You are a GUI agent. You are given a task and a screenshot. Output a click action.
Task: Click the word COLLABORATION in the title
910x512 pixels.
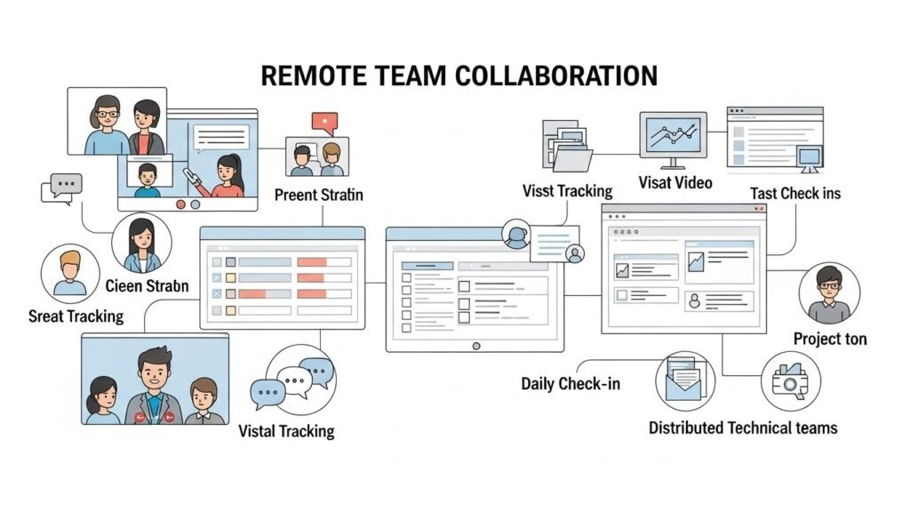tap(556, 76)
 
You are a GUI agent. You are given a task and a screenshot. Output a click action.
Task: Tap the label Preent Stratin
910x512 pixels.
tap(318, 195)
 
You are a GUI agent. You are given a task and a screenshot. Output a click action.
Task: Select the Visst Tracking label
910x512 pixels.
tap(567, 190)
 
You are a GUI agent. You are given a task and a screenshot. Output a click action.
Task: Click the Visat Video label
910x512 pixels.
tap(675, 183)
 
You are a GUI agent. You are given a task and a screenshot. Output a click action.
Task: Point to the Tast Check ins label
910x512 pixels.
tap(794, 193)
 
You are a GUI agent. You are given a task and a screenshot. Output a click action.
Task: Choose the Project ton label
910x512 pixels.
tap(830, 339)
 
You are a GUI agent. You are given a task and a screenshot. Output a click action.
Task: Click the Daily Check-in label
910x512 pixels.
tap(571, 384)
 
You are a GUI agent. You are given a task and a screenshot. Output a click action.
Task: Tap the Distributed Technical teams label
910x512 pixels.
tap(743, 428)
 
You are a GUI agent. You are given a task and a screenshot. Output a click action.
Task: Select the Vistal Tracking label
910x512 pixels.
tap(286, 431)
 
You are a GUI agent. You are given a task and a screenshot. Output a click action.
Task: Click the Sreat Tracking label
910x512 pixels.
tap(76, 316)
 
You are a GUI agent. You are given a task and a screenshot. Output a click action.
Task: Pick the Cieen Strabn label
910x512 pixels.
tap(147, 286)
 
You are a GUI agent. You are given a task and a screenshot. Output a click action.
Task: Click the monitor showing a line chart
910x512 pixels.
tap(673, 138)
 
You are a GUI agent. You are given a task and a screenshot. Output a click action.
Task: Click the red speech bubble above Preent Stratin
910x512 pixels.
tap(324, 123)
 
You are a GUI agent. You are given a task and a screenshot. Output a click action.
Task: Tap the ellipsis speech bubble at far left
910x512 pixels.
tap(61, 188)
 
